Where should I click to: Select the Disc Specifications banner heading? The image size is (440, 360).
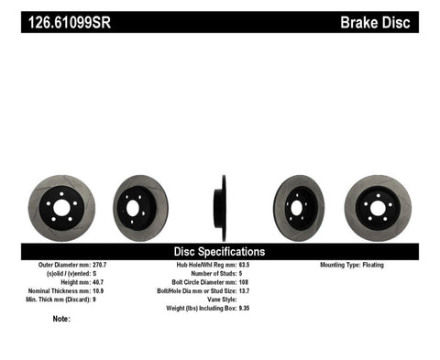[219, 251]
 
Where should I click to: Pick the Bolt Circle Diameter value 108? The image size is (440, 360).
[245, 282]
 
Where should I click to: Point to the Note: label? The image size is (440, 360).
[61, 319]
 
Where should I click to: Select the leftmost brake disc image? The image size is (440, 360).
[61, 207]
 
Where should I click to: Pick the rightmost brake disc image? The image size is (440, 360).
[377, 207]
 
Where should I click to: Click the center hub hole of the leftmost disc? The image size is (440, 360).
[61, 208]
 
